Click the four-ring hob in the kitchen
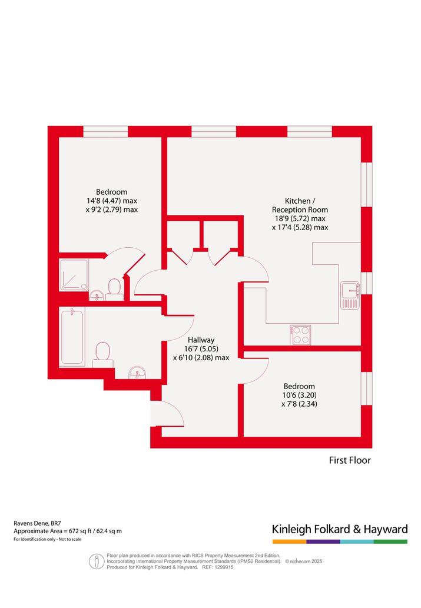pyautogui.click(x=300, y=335)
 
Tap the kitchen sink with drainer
pyautogui.click(x=350, y=295)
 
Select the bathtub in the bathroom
pyautogui.click(x=72, y=336)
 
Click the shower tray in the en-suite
pyautogui.click(x=74, y=275)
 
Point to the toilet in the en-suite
pyautogui.click(x=114, y=289)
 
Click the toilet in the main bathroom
pyautogui.click(x=103, y=354)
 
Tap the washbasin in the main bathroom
pyautogui.click(x=137, y=373)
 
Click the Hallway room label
pyautogui.click(x=201, y=340)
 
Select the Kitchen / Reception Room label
pyautogui.click(x=300, y=205)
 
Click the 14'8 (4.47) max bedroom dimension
pyautogui.click(x=112, y=201)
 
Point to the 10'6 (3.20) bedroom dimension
pyautogui.click(x=299, y=395)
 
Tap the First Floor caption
pyautogui.click(x=350, y=460)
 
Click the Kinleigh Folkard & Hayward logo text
pyautogui.click(x=340, y=529)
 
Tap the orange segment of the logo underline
pyautogui.click(x=289, y=541)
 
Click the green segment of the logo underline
pyautogui.click(x=391, y=541)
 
